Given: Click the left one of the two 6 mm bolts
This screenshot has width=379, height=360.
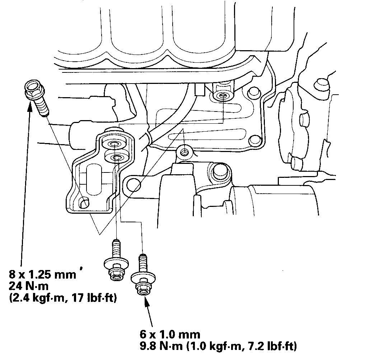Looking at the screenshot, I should (116, 261).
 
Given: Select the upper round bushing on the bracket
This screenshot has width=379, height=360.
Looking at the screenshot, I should (114, 144).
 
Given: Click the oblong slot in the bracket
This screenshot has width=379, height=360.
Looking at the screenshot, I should (93, 177).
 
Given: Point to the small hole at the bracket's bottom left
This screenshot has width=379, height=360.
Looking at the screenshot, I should (85, 203).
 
